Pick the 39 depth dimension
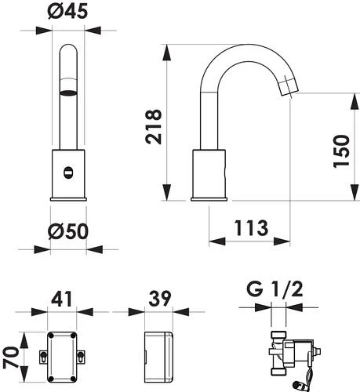coord(159,298)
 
